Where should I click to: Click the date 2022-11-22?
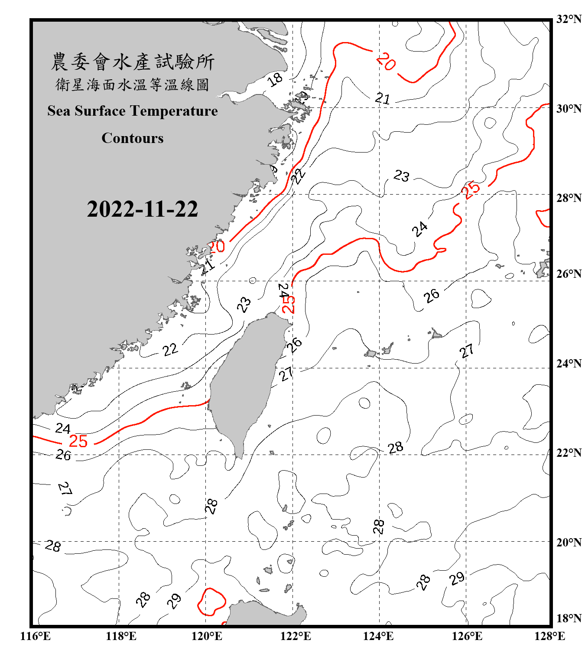142,209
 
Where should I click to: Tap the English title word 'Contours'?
133,138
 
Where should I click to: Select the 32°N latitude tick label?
569,19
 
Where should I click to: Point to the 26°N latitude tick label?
569,274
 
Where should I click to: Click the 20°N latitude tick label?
569,542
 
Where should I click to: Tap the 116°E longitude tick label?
36,636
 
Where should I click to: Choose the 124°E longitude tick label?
378,636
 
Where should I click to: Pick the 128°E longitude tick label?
549,636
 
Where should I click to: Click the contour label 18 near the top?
275,79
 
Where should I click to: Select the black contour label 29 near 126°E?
457,578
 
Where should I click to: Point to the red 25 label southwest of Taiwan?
78,441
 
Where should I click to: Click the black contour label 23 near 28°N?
401,175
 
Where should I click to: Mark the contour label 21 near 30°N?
383,99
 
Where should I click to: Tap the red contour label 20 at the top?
386,62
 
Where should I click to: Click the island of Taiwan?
247,381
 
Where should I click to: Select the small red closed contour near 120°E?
211,602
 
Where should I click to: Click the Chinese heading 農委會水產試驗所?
133,62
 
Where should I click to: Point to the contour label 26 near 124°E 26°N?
432,296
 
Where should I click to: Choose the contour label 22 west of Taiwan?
170,349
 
